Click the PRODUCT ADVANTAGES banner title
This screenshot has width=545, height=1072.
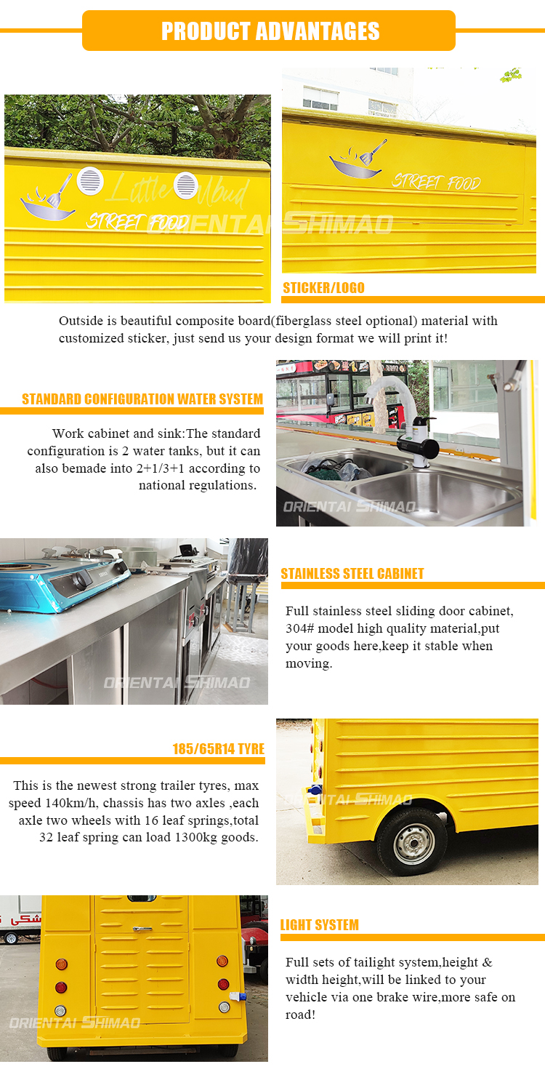(x=270, y=31)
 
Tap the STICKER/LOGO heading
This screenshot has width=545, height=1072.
(x=323, y=287)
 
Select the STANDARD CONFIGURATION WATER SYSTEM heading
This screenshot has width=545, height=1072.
(x=142, y=399)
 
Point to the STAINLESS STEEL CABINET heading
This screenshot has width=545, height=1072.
(x=352, y=574)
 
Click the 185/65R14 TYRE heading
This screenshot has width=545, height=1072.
(x=219, y=749)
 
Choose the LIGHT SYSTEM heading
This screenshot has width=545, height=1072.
(x=319, y=925)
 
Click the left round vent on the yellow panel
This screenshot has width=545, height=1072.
(x=90, y=181)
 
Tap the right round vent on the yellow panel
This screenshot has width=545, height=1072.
(x=185, y=185)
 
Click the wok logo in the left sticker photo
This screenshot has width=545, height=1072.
(x=48, y=199)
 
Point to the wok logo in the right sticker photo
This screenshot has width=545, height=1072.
(x=358, y=159)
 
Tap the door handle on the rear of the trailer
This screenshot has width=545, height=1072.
(x=142, y=929)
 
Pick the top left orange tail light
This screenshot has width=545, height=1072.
(x=61, y=964)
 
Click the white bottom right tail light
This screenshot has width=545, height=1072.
(x=225, y=1007)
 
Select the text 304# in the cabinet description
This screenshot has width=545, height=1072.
(x=299, y=628)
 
